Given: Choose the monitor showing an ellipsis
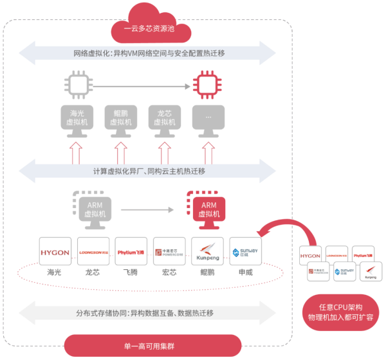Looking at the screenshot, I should (x=207, y=119).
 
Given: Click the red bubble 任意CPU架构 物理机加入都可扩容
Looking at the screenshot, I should (x=341, y=312).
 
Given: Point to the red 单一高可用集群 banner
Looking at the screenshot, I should (x=152, y=346).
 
